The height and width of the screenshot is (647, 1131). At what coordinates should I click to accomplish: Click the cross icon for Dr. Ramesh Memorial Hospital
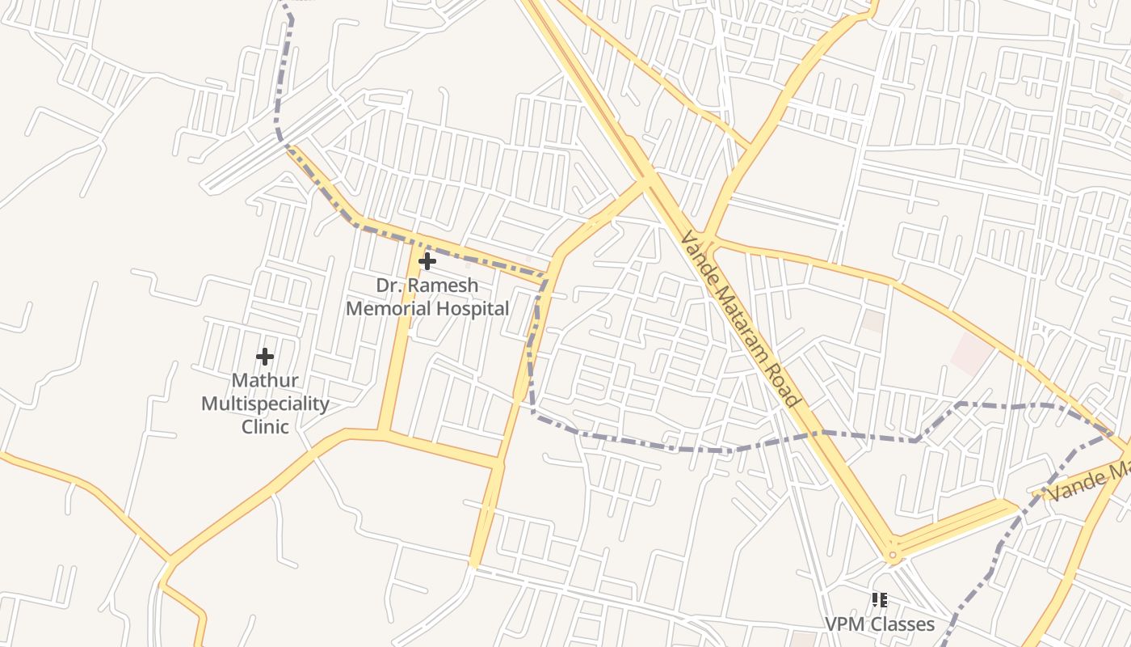tap(427, 261)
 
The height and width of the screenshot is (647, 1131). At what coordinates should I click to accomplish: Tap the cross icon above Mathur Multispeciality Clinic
tap(265, 357)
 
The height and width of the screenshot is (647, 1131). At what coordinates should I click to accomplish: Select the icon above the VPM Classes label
tap(880, 600)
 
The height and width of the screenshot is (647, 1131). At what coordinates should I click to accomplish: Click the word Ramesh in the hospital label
tap(443, 285)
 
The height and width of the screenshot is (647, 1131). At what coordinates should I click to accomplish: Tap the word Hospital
tap(473, 308)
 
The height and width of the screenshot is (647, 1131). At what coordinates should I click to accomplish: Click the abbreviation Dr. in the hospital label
tap(389, 285)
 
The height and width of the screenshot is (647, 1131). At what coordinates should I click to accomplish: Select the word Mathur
tap(265, 380)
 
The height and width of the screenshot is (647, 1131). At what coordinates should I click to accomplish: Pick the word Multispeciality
tap(265, 404)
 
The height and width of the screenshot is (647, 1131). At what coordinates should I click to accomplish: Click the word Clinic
tap(265, 426)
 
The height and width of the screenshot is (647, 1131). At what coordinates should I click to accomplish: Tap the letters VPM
tap(844, 624)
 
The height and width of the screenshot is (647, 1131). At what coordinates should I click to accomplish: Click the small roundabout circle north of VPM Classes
tap(892, 556)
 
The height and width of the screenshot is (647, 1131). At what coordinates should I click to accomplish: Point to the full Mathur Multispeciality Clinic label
tap(265, 404)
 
